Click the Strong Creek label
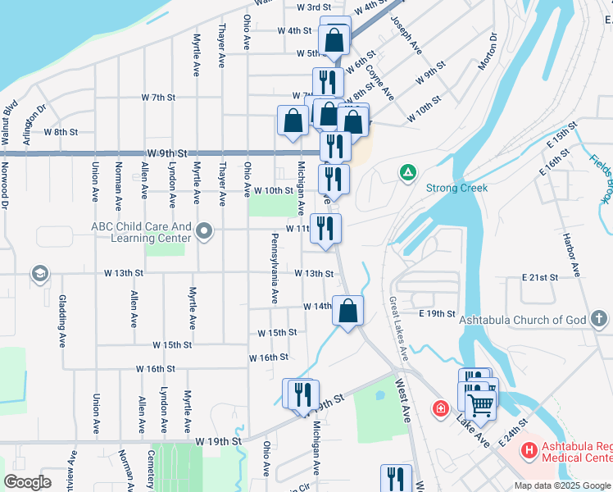(x=456, y=188)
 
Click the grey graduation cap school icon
(x=39, y=273)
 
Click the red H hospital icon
(x=529, y=450)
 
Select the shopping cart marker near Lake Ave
(x=481, y=403)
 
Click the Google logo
(x=28, y=481)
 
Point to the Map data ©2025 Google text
(x=562, y=485)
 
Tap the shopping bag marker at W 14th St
(x=348, y=311)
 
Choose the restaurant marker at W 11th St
(x=325, y=229)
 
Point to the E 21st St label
(x=539, y=278)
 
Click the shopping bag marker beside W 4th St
(x=334, y=39)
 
